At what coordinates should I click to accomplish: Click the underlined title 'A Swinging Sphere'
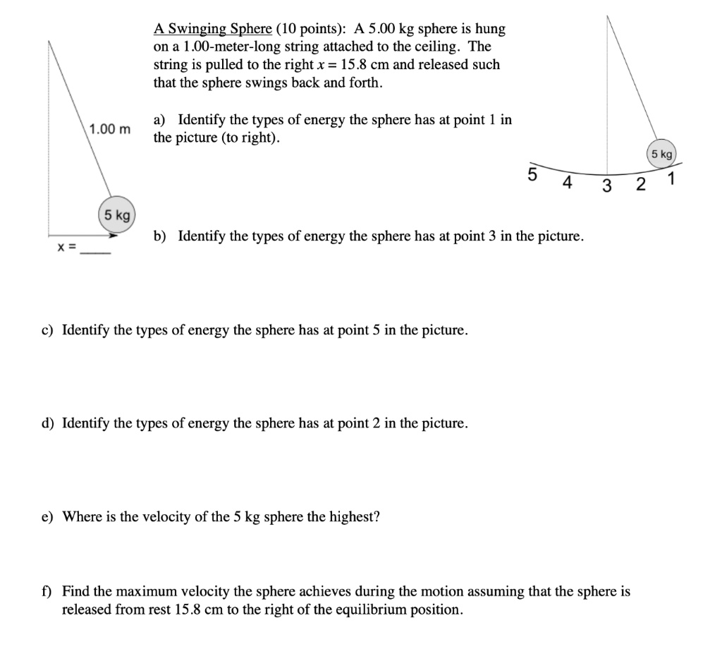pyautogui.click(x=212, y=29)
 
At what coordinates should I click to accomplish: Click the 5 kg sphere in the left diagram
pyautogui.click(x=117, y=215)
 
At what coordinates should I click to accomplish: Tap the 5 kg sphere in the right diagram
pyautogui.click(x=662, y=153)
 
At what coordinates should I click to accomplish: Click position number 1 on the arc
pyautogui.click(x=672, y=179)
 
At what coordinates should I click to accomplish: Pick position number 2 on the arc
pyautogui.click(x=640, y=186)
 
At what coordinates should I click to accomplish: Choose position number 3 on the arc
pyautogui.click(x=606, y=187)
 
